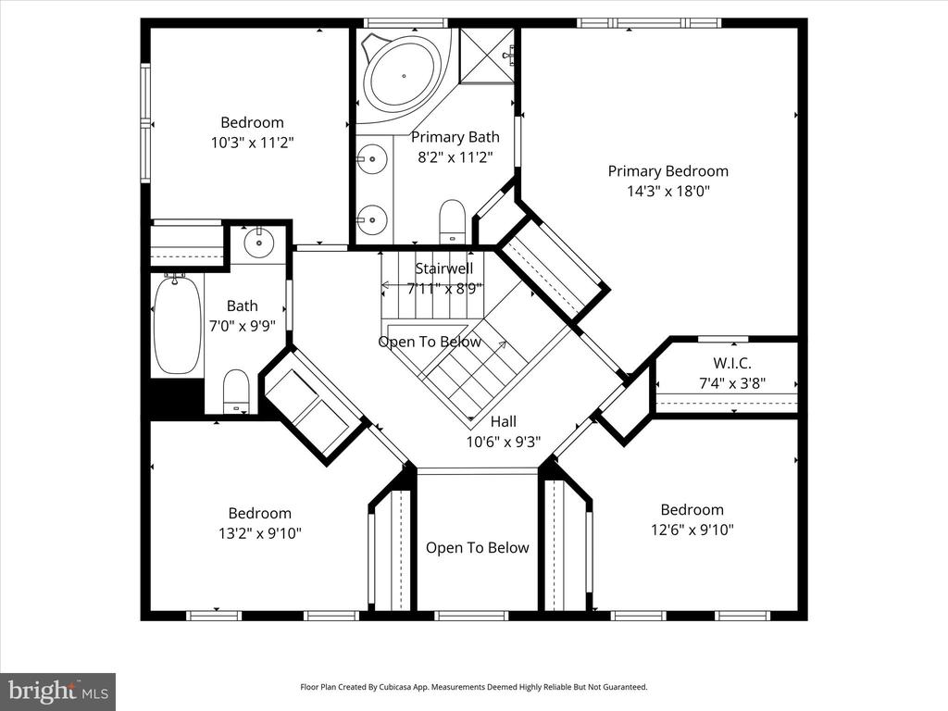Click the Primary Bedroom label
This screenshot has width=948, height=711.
(x=668, y=171)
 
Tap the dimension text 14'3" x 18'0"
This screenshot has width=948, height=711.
(x=668, y=191)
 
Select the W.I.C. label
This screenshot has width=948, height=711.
(x=732, y=363)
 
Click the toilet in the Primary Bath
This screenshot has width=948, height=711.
(x=452, y=220)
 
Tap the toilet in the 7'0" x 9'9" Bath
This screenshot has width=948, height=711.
(x=236, y=392)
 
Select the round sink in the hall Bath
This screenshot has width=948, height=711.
(x=259, y=243)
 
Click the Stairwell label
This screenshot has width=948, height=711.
(x=444, y=268)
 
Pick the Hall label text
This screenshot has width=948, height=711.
(x=504, y=421)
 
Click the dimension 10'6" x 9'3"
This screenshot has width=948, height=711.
(x=504, y=442)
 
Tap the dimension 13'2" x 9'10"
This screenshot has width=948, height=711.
(x=260, y=533)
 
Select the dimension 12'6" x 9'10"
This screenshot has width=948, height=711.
(x=692, y=530)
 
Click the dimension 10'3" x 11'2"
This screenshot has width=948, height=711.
(x=252, y=143)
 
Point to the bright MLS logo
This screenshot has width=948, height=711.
(x=58, y=691)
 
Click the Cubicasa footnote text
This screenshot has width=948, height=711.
(x=474, y=687)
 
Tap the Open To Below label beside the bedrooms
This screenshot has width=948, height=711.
(x=478, y=548)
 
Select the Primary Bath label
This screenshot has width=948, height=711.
(x=455, y=137)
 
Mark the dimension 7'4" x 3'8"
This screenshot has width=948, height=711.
(x=732, y=383)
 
